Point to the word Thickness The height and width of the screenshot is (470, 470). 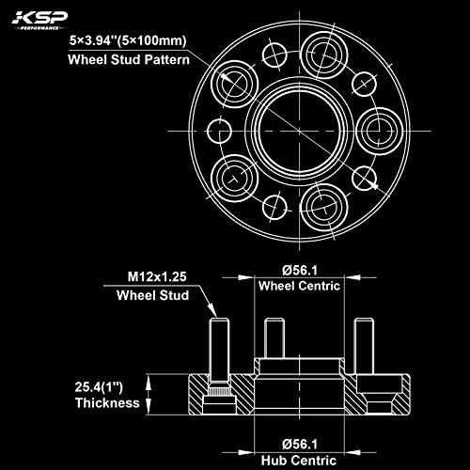click(x=108, y=402)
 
